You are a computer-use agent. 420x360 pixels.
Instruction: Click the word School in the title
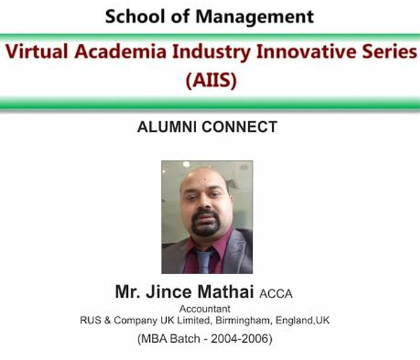pyautogui.click(x=135, y=16)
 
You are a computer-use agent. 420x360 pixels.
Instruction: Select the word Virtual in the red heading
pyautogui.click(x=37, y=51)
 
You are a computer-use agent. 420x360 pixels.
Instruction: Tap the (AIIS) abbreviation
pyautogui.click(x=211, y=80)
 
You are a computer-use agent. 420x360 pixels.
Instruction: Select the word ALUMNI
pyautogui.click(x=167, y=127)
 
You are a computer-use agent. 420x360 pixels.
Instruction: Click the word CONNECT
pyautogui.click(x=239, y=127)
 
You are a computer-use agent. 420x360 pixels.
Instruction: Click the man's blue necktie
pyautogui.click(x=205, y=261)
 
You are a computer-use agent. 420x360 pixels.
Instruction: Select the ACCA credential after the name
pyautogui.click(x=275, y=294)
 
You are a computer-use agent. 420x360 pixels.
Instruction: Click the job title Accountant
pyautogui.click(x=205, y=309)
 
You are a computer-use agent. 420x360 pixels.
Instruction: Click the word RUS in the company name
pyautogui.click(x=91, y=320)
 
